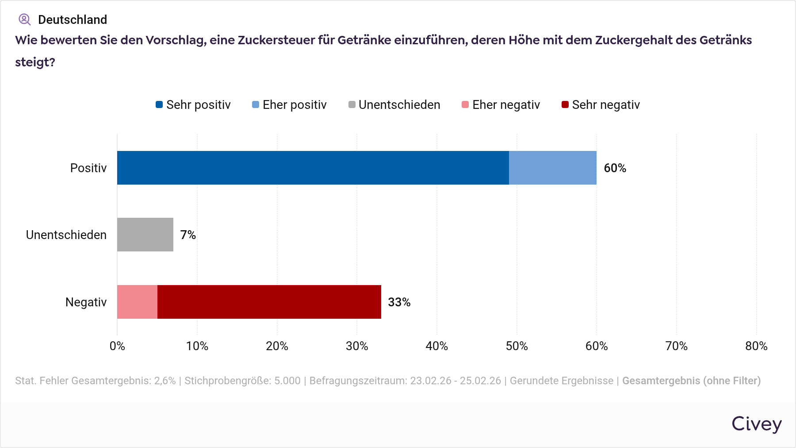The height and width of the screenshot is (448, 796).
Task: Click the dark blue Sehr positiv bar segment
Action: tap(313, 168)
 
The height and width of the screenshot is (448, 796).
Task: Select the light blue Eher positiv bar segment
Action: tap(552, 168)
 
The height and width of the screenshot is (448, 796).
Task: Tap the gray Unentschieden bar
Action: tap(145, 235)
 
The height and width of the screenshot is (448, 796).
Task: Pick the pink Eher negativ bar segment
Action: tap(137, 302)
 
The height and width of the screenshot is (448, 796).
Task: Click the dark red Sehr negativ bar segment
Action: tap(269, 302)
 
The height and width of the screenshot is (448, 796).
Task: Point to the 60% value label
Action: tap(615, 168)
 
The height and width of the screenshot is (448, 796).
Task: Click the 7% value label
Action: tap(188, 235)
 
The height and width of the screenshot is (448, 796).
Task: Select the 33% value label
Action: tap(399, 302)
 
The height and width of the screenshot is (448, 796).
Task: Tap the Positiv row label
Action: tap(88, 168)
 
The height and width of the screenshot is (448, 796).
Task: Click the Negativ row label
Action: tap(86, 302)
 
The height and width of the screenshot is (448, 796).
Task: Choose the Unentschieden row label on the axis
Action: tap(66, 235)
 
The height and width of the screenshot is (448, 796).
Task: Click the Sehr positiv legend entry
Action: tap(193, 105)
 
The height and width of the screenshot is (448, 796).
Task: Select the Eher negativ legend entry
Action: tap(501, 105)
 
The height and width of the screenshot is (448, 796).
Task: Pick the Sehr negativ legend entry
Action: tap(601, 105)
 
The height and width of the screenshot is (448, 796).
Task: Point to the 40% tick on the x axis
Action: tap(436, 346)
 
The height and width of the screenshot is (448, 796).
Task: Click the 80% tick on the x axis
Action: tap(756, 346)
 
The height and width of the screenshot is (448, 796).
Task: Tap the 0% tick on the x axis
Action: tap(117, 346)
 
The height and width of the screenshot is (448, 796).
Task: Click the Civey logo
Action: tap(757, 424)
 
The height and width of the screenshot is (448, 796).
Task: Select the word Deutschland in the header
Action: tap(73, 20)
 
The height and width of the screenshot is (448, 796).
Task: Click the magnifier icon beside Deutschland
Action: tap(24, 19)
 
